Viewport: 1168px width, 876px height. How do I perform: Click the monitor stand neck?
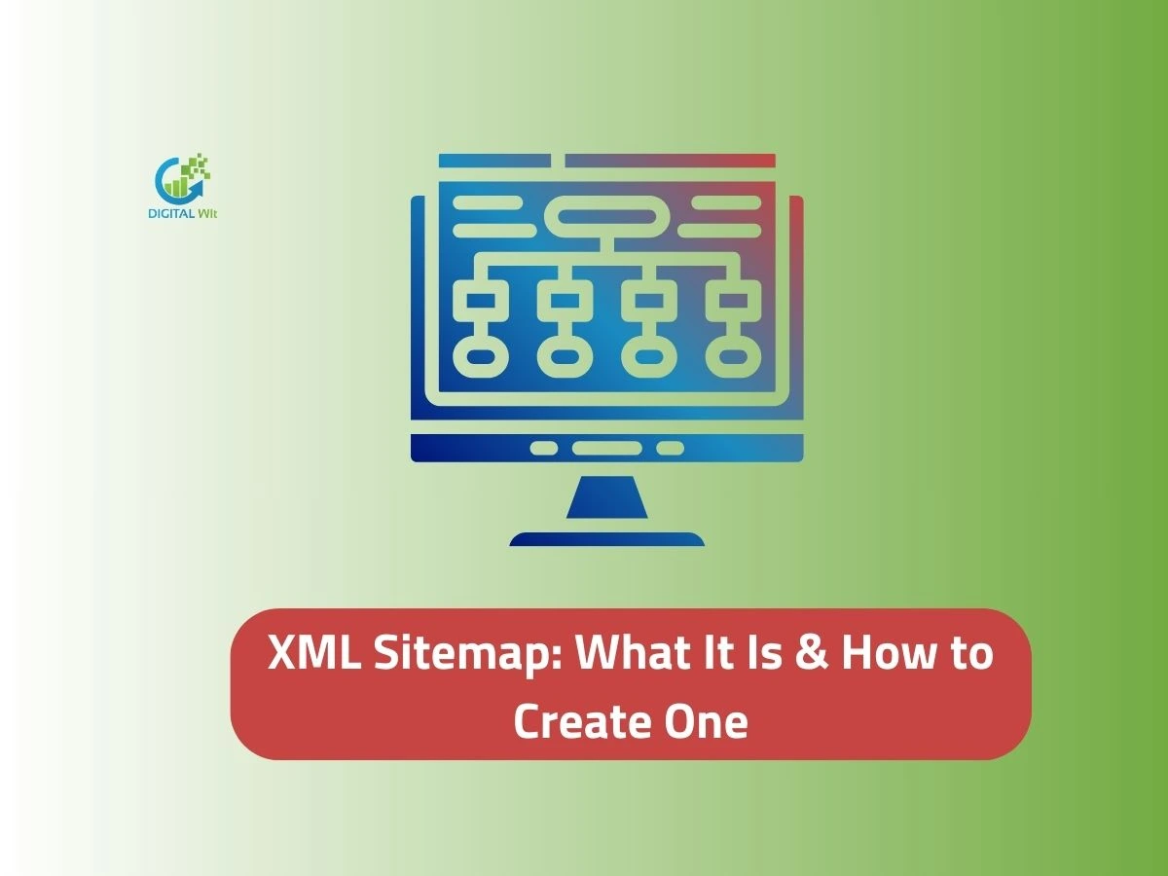pyautogui.click(x=606, y=498)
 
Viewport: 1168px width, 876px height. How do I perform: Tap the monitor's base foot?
pyautogui.click(x=606, y=539)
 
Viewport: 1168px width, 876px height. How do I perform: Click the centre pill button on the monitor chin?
pyautogui.click(x=606, y=449)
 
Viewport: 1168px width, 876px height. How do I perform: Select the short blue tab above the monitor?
pyautogui.click(x=495, y=161)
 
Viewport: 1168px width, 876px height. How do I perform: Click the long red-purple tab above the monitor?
pyautogui.click(x=670, y=161)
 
